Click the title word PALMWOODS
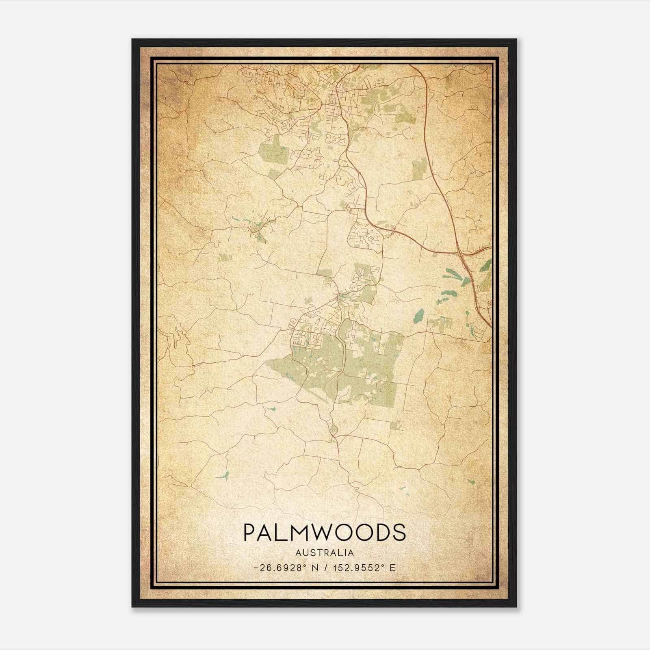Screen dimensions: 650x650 (324, 532)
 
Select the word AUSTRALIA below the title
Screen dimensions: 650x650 (324, 553)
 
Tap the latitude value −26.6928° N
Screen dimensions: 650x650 (284, 568)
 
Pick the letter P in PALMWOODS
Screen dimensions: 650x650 (249, 532)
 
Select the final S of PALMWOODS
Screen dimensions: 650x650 (399, 532)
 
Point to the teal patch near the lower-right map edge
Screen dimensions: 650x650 (471, 482)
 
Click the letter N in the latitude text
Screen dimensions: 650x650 (314, 568)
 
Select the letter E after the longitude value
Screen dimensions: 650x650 (392, 568)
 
